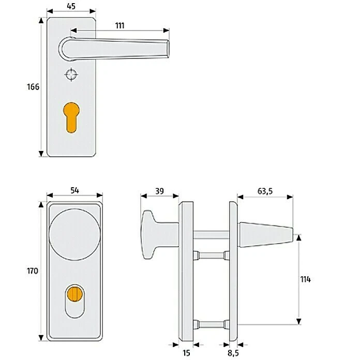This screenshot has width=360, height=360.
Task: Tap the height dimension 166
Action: pos(33,87)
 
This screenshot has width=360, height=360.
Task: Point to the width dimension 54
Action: pos(74,191)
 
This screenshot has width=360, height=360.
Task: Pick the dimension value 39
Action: pos(160,191)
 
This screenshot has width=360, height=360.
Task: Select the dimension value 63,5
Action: pos(265,191)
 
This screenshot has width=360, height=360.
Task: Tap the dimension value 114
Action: pos(305,279)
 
